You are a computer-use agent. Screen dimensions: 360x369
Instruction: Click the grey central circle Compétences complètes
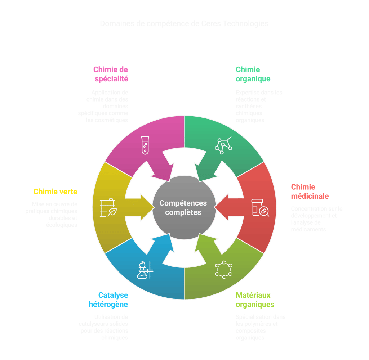184,208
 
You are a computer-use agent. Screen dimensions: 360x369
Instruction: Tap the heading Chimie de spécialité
111,74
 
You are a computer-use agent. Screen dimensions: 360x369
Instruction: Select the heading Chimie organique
253,74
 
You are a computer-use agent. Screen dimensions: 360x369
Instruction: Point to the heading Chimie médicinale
310,192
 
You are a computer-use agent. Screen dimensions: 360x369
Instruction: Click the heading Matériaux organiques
255,300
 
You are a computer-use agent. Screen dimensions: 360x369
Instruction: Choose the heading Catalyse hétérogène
108,300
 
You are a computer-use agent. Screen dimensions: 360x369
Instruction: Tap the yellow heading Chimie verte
55,192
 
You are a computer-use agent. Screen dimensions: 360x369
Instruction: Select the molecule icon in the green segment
223,145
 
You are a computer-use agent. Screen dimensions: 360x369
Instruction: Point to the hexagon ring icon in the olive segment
223,270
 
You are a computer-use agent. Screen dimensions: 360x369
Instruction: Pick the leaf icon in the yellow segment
108,208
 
